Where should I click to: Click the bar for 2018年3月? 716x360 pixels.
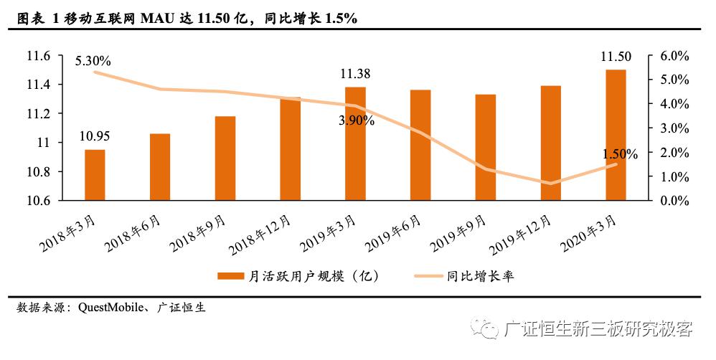pos(95,175)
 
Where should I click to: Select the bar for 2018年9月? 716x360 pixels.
pos(225,158)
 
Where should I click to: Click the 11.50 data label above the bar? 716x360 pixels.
pos(616,57)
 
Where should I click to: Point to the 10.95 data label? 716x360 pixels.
pos(95,137)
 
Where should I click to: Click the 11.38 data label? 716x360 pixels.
pos(355,73)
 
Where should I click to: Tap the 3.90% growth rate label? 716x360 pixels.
pos(357,120)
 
